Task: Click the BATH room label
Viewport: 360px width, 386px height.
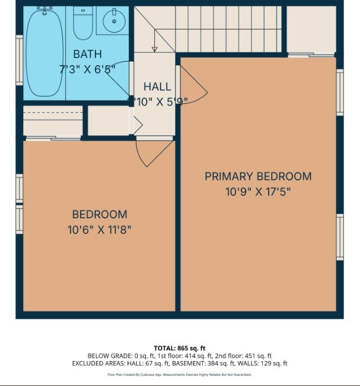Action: coord(87,55)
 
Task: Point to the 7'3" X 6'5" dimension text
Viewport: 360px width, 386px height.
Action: coord(87,69)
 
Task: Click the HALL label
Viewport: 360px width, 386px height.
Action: coord(157,87)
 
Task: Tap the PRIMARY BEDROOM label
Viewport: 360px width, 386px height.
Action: coord(258,176)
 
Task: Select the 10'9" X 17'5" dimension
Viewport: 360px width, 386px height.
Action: coord(258,192)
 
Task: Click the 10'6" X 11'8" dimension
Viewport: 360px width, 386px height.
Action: coord(99,229)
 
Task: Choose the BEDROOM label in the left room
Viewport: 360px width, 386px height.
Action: coord(99,214)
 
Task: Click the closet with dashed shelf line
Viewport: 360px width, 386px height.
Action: coord(53,121)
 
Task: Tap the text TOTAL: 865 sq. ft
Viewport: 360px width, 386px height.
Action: coord(179,348)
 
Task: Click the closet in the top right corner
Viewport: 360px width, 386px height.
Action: coord(311,30)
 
